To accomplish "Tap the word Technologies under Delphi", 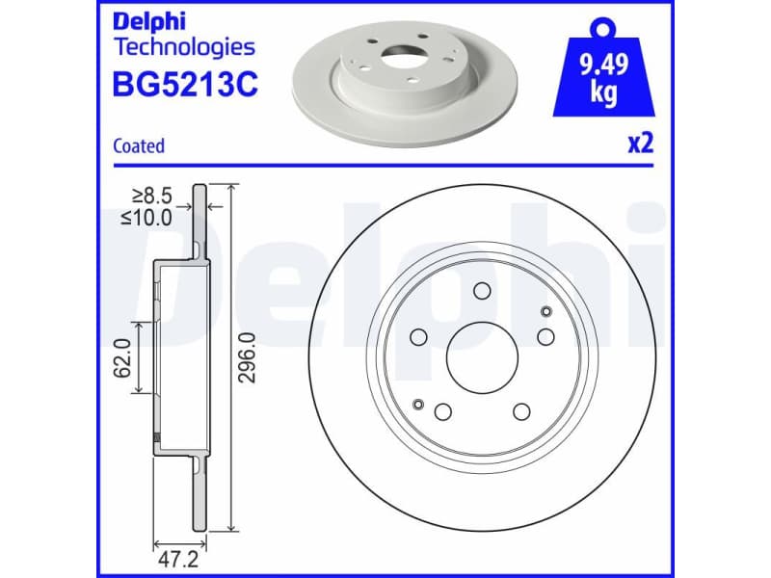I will coord(184,46).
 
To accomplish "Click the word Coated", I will coord(139,146).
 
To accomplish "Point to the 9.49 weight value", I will coord(603,68).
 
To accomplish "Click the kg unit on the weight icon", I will coord(603,95).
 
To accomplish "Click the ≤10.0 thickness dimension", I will coord(146,218).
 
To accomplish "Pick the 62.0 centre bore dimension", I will coord(122,357).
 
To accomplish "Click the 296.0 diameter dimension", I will coord(247,357).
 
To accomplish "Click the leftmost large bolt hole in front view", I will coord(418,336).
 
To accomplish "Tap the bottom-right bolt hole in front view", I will coord(521,412).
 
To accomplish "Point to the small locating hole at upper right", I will coord(545,310).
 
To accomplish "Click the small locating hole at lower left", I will coord(418,404).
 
